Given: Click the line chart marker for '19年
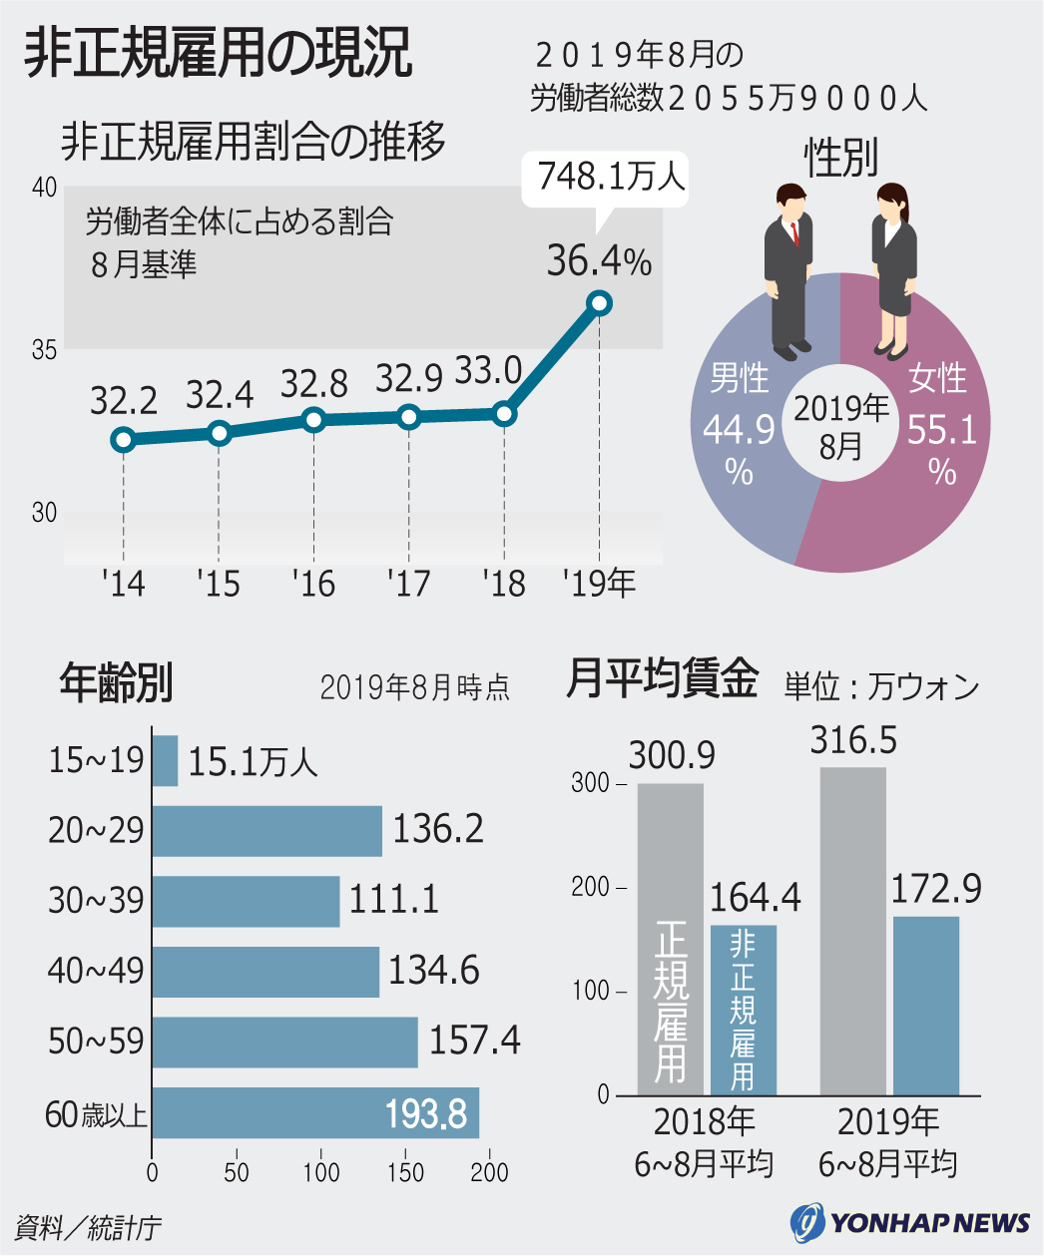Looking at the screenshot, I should click(599, 303).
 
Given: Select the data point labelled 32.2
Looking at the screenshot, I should click(124, 439).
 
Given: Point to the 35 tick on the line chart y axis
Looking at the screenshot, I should click(44, 350).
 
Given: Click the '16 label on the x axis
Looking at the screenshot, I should click(313, 584).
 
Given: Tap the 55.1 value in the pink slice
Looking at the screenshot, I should click(941, 430).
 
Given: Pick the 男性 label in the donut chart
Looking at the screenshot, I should click(739, 379).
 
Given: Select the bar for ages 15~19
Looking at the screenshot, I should click(165, 761).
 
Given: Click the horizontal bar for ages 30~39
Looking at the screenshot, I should click(246, 901).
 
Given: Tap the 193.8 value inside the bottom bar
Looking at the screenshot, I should click(426, 1113).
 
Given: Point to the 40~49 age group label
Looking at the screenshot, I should click(96, 971).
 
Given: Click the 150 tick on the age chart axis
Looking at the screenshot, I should click(406, 1172).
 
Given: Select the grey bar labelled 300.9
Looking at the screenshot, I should click(671, 938).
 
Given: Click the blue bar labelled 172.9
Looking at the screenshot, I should click(925, 1006).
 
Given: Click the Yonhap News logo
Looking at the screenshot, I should click(909, 1222).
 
